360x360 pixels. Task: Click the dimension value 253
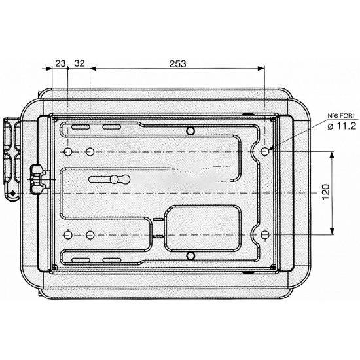click(177, 63)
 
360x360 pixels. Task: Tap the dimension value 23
click(60, 63)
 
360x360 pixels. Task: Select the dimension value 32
click(79, 63)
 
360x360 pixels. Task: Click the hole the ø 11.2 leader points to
click(264, 151)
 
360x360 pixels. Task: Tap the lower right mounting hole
click(264, 235)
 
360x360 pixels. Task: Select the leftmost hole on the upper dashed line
click(68, 151)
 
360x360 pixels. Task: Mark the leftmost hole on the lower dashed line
click(68, 235)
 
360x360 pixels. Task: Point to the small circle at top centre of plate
click(190, 132)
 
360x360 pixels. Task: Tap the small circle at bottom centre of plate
click(190, 255)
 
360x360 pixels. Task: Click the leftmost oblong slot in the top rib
click(81, 127)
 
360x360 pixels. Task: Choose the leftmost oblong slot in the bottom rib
click(81, 261)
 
